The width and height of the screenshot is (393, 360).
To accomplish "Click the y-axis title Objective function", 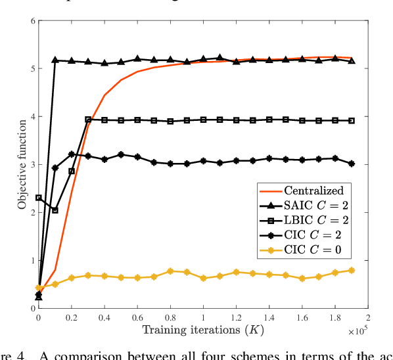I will pyautogui.click(x=22, y=165).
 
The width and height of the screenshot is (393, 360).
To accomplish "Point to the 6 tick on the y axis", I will pyautogui.click(x=31, y=21).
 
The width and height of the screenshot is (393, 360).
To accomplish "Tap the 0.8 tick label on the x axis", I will pyautogui.click(x=170, y=319).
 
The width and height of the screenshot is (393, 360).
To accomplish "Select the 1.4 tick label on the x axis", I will pyautogui.click(x=269, y=319).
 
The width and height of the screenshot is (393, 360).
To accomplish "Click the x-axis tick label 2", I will pyautogui.click(x=367, y=319).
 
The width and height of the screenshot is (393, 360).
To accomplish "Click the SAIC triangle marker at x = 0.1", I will pyautogui.click(x=55, y=60).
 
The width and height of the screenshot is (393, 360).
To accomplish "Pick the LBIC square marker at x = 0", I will pyautogui.click(x=39, y=198).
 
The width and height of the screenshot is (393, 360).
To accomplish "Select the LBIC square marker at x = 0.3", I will pyautogui.click(x=88, y=120).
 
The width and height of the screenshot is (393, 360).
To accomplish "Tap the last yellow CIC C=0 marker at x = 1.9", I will pyautogui.click(x=351, y=270).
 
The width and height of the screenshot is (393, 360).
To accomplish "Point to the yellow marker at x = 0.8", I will pyautogui.click(x=170, y=271).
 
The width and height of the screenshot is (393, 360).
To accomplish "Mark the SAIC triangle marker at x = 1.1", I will pyautogui.click(x=220, y=58).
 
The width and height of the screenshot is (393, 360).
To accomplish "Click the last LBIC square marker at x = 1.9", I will pyautogui.click(x=351, y=121).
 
